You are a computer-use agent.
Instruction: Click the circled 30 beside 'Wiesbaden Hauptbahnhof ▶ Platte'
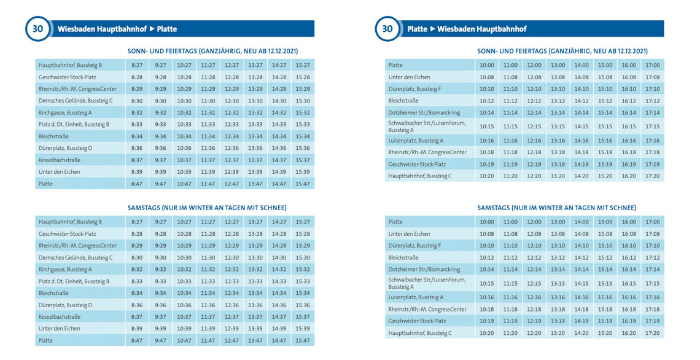37,29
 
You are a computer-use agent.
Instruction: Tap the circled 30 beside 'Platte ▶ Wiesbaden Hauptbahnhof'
387,29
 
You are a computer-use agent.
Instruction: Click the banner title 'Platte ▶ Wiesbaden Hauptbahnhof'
467,29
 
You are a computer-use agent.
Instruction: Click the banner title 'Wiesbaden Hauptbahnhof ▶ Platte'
117,29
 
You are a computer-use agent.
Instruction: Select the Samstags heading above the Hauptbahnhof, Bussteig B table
207,208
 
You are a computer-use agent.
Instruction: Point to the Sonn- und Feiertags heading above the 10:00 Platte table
562,51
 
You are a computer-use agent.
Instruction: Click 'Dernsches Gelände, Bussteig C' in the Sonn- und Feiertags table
76,101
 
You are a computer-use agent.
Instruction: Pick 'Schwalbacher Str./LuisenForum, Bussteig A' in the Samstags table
427,283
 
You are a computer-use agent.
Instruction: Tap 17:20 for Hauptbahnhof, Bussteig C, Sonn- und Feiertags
652,176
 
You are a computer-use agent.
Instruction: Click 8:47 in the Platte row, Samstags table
136,340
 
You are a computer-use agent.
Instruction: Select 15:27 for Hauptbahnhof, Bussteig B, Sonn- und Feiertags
302,65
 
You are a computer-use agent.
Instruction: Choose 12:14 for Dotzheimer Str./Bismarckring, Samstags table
534,269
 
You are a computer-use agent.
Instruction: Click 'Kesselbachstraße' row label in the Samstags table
60,317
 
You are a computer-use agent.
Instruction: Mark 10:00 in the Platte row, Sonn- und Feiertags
486,65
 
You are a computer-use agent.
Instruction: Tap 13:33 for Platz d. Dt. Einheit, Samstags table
255,281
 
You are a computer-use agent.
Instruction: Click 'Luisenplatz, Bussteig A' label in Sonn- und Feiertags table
416,141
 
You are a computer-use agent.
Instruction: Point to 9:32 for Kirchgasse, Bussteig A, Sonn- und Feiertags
160,113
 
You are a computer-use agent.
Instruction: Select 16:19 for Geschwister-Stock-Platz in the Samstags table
628,321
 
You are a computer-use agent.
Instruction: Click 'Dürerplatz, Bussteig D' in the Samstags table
65,305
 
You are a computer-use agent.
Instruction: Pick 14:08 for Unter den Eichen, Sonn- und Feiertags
581,77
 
